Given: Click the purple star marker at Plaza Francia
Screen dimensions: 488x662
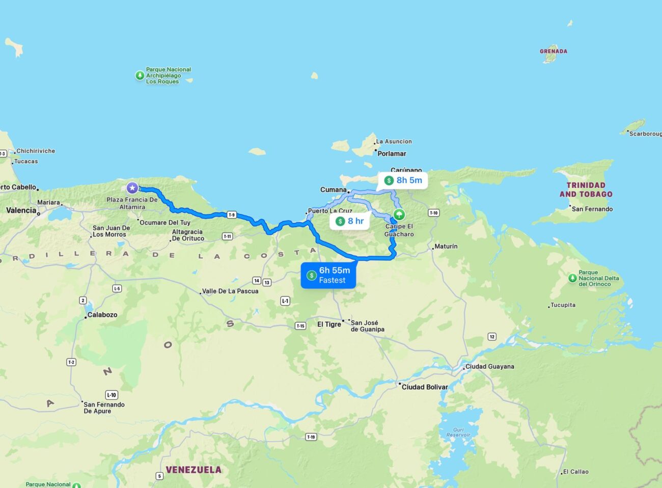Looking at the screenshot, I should coord(132,188).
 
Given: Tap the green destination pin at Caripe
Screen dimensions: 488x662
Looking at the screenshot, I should coord(399,214).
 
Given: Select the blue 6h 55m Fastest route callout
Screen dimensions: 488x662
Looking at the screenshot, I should coord(328,276).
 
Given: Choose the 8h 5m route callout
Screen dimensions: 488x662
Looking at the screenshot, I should coord(403,180).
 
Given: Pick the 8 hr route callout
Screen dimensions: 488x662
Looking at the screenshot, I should coord(350,221).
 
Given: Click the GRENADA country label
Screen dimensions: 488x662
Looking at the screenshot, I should coord(554,51).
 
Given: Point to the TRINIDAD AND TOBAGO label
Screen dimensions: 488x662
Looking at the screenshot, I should coord(586,189).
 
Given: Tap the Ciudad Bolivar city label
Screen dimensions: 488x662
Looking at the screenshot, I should coord(425,387).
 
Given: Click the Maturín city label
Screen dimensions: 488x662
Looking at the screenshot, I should coord(446,247).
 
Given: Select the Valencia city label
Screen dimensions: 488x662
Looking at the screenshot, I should coord(21,210).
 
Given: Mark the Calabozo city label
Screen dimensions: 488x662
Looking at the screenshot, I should coord(102,315).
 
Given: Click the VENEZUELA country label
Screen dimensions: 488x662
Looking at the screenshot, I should coord(194,470).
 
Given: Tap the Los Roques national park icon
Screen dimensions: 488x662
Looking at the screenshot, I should coord(140,75).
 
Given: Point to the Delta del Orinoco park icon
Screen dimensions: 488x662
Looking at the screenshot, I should coord(572,278).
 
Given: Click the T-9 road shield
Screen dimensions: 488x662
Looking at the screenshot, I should coord(232,215).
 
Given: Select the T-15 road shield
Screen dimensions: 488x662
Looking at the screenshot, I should coord(300,326).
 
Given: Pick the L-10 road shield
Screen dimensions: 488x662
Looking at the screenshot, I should coord(112,395).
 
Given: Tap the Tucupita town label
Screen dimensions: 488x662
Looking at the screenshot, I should coord(563,305).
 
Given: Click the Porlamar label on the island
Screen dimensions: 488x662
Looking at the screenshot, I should coord(392,153).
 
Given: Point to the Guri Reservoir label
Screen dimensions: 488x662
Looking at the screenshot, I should coord(458,432).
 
